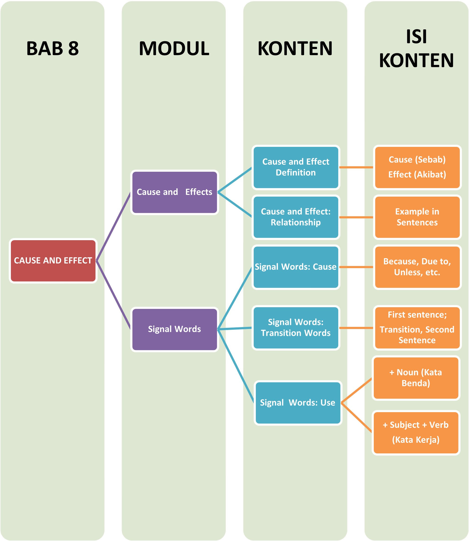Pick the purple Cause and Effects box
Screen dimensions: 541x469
point(175,192)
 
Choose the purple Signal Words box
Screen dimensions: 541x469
point(175,329)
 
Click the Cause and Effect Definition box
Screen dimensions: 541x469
point(296,167)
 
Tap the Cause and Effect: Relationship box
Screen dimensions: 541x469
point(296,217)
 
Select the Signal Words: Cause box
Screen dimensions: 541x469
point(296,267)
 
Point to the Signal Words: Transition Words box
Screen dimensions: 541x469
point(296,328)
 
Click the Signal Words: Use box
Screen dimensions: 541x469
point(298,402)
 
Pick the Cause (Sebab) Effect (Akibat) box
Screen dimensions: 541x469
point(417,167)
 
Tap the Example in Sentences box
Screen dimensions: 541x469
point(417,217)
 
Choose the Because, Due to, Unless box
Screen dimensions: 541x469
point(417,267)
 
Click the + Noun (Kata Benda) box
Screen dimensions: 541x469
point(416,378)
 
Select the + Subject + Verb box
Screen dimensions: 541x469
point(416,432)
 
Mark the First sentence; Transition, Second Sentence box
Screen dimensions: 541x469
point(417,328)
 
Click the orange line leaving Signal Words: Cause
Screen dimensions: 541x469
point(356,267)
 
